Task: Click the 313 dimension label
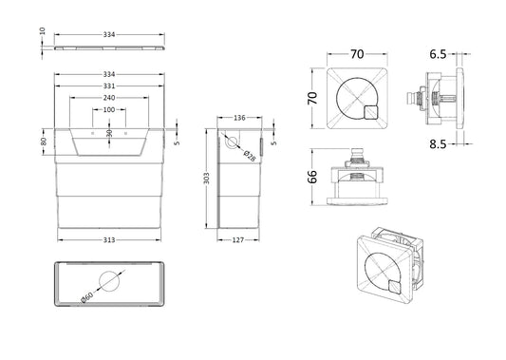(109, 240)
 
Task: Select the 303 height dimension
(207, 179)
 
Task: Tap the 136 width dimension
(239, 118)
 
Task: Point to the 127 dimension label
(238, 240)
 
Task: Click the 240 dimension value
(109, 98)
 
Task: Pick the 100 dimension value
(109, 110)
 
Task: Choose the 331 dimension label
(109, 85)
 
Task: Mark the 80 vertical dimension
(44, 142)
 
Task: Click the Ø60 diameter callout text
(86, 297)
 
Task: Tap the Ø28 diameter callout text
(250, 156)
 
